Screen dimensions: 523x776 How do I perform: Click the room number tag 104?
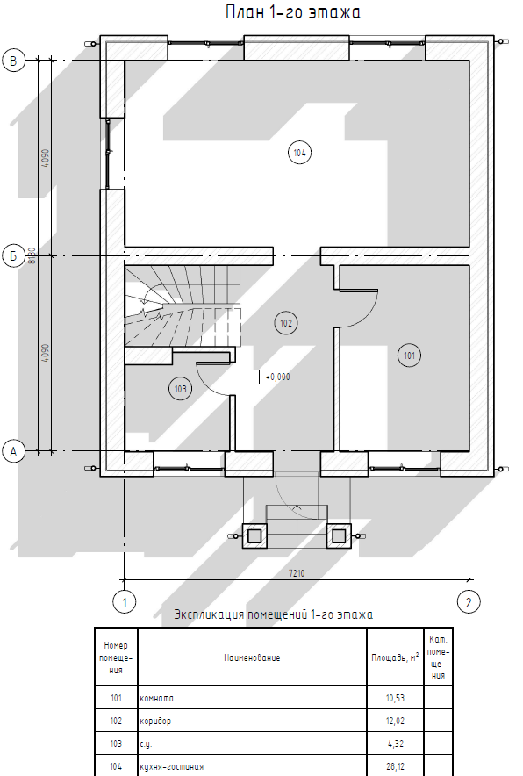[299, 153]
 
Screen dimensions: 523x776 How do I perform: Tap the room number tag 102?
[286, 323]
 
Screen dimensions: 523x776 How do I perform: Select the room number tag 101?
[409, 356]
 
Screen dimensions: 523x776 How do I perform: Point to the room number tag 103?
[181, 389]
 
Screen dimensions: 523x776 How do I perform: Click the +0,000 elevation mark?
[278, 377]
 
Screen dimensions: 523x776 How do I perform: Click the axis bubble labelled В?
[13, 61]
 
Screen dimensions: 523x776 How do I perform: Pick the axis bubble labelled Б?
[13, 255]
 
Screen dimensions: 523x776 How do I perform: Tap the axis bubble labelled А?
[13, 451]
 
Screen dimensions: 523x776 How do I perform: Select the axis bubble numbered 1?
[125, 602]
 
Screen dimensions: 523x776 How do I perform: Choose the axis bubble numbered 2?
[469, 602]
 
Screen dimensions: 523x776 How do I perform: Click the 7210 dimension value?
[297, 573]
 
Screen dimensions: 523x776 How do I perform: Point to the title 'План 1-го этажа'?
[293, 12]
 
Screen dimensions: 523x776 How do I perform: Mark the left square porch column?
[254, 536]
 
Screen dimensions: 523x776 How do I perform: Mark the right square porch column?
[339, 536]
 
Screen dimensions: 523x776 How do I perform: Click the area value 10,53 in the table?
[395, 698]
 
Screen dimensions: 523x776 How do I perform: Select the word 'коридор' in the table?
[156, 721]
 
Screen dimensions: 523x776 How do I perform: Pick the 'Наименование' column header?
[252, 657]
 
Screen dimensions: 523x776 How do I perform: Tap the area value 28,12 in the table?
[395, 766]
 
